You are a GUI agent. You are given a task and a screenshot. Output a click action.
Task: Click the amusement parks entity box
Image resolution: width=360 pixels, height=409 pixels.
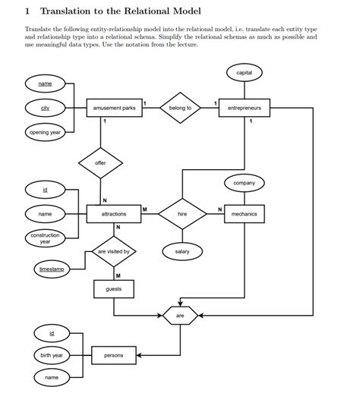click(x=114, y=108)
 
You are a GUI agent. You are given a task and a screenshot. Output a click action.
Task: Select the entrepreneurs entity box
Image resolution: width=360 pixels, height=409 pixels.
click(x=244, y=108)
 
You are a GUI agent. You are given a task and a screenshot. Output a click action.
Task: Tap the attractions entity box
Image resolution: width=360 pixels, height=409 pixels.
click(x=114, y=215)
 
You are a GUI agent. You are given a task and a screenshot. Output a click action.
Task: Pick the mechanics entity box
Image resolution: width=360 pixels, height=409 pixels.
click(x=244, y=215)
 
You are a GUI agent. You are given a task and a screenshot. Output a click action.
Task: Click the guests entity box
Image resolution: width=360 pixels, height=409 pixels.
click(x=113, y=289)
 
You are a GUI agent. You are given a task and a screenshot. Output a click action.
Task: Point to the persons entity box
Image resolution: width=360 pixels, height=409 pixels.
click(x=113, y=354)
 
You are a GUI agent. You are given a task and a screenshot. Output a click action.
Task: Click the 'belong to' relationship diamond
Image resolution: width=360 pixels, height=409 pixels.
click(x=180, y=108)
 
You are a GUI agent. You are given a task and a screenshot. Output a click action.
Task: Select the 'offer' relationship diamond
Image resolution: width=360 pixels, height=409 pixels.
click(x=100, y=163)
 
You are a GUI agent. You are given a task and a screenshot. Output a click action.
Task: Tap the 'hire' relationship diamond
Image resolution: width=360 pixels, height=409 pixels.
click(x=182, y=215)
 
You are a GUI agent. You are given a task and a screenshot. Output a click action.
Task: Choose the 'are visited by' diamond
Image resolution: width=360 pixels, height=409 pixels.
click(x=113, y=251)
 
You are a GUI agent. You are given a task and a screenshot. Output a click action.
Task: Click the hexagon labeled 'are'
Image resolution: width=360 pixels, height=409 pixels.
click(x=180, y=314)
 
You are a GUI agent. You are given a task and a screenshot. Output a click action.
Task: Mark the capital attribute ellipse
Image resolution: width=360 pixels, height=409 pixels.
click(x=244, y=73)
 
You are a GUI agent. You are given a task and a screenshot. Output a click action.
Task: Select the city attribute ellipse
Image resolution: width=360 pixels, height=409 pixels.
click(x=45, y=108)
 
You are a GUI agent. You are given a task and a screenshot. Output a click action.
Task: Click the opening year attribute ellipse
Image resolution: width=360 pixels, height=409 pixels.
click(x=45, y=133)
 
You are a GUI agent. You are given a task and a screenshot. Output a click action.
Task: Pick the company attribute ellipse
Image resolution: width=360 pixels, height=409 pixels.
click(x=244, y=183)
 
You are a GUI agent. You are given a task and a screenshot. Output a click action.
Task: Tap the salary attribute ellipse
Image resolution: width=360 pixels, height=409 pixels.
click(x=182, y=251)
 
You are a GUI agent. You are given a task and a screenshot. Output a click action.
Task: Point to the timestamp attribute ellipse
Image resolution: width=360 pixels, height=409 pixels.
click(x=52, y=269)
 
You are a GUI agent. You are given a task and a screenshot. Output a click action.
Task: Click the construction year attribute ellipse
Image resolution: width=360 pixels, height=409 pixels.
click(x=45, y=239)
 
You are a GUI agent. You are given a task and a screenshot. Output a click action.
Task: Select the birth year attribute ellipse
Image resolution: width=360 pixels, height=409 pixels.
click(x=52, y=355)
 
